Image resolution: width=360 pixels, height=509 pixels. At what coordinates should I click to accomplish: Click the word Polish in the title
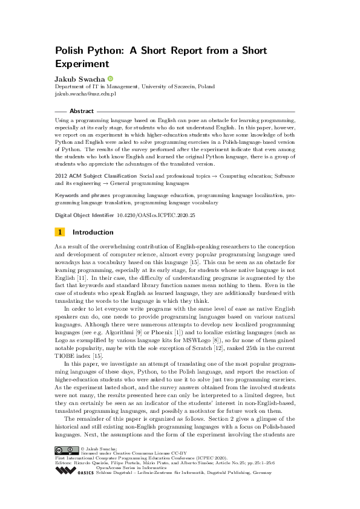tap(70, 51)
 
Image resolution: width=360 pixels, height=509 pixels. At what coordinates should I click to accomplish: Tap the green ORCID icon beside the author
tap(111, 79)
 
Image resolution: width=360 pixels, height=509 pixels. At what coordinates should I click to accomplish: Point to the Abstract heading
tap(82, 111)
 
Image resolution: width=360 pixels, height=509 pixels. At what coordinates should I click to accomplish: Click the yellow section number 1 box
tap(60, 232)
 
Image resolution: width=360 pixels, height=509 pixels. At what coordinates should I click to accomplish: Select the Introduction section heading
tap(93, 232)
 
